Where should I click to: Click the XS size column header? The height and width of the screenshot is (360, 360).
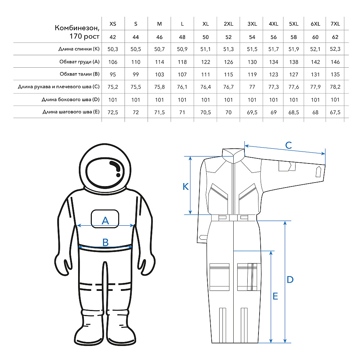(x=113, y=24)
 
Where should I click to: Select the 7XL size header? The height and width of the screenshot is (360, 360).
(x=335, y=24)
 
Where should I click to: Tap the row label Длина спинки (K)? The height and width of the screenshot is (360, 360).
(x=79, y=49)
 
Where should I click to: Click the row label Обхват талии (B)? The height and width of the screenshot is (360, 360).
(x=80, y=74)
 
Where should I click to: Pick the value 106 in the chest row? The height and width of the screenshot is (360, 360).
(x=113, y=62)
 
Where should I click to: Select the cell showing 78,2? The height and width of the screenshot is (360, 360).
(x=335, y=87)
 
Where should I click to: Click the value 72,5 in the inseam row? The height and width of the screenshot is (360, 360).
(x=113, y=112)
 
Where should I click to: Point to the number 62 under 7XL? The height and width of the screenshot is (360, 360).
(x=335, y=37)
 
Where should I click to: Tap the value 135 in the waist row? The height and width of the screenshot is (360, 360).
(x=335, y=75)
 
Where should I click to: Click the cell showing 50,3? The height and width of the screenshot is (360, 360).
(x=113, y=49)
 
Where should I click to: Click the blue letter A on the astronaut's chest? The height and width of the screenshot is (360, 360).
(x=105, y=220)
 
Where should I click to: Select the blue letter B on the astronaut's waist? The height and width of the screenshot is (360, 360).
(x=105, y=242)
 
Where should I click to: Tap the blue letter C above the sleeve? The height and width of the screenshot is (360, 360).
(x=288, y=145)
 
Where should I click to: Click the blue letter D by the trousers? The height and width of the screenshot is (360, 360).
(x=290, y=280)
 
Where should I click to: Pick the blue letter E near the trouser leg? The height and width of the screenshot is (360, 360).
(x=275, y=296)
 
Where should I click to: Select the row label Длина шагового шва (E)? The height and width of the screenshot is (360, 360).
(x=71, y=112)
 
